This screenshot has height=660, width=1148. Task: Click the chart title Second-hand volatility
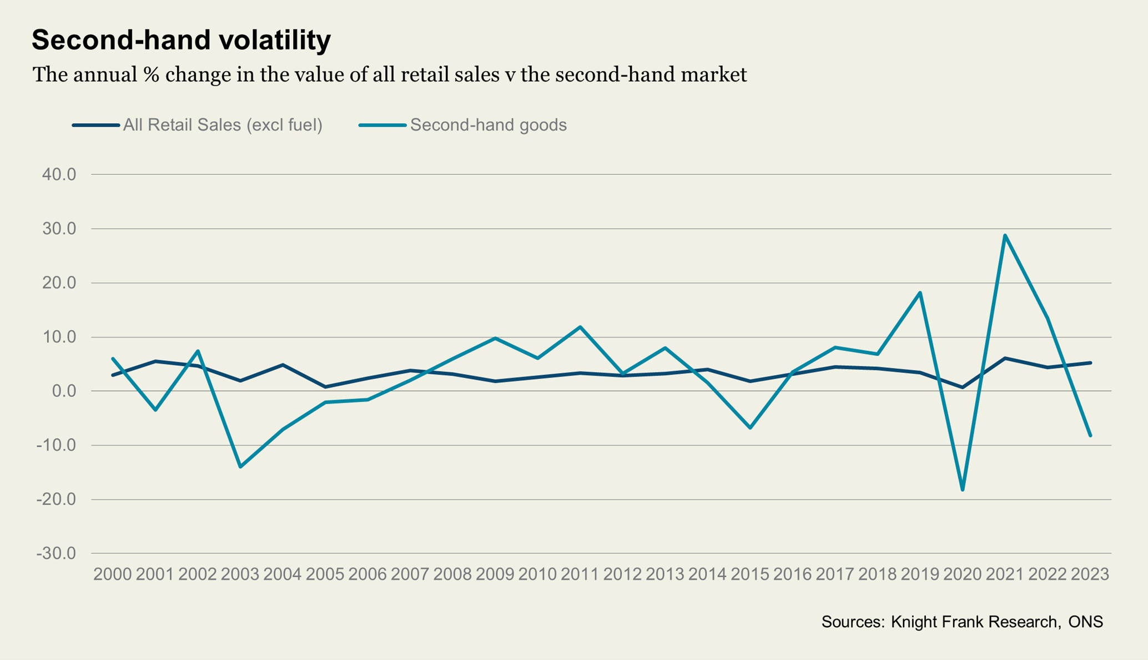(x=181, y=40)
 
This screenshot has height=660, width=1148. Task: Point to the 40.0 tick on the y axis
(x=59, y=174)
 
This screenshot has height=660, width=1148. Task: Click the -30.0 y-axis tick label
(x=56, y=553)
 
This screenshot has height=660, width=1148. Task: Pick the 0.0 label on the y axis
(x=64, y=391)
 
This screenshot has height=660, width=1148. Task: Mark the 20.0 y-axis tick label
(x=59, y=283)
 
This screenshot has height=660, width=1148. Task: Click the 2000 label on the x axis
(x=113, y=574)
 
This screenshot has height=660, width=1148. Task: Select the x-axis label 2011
(x=580, y=574)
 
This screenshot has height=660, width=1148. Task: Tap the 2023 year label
(x=1090, y=574)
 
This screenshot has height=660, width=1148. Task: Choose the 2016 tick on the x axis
(x=792, y=574)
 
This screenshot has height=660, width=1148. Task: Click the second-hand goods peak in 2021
(x=1005, y=235)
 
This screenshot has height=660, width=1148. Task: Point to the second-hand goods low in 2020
(x=963, y=490)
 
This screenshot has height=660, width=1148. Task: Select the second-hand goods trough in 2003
(x=240, y=467)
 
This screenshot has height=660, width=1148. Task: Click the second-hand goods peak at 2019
(x=920, y=293)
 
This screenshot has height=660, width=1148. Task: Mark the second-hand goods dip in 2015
(x=750, y=428)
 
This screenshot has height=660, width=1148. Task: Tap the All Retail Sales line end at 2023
(x=1090, y=363)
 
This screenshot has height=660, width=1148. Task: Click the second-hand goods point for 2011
(x=580, y=327)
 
